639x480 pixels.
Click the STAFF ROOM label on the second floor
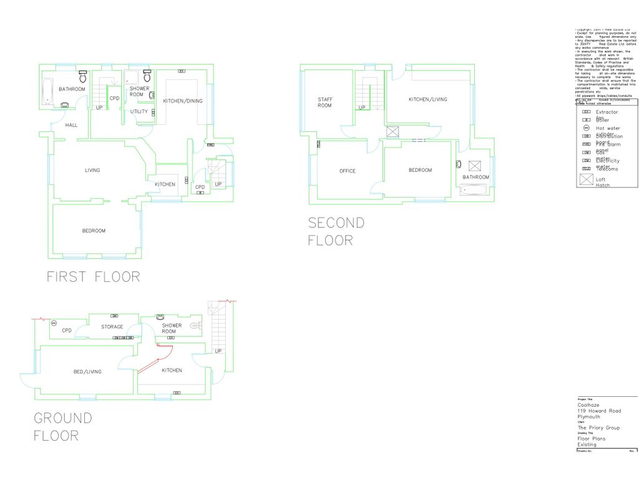tap(324, 102)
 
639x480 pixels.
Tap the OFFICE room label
tap(348, 171)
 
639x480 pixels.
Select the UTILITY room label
tap(139, 112)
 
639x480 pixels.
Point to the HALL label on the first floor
tap(72, 126)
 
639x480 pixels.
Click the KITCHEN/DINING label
tap(183, 101)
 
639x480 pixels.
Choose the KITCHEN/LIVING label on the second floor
tap(427, 99)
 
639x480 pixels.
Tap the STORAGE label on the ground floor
tap(112, 327)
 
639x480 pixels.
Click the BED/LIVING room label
tap(87, 372)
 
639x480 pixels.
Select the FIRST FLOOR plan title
tap(94, 276)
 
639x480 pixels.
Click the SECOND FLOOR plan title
tap(336, 231)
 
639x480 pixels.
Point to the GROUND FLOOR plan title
tap(62, 426)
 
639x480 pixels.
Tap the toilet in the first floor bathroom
tap(82, 77)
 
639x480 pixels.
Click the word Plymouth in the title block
tap(589, 417)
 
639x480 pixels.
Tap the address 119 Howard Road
tap(599, 411)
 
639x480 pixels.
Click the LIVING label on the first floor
tap(92, 170)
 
